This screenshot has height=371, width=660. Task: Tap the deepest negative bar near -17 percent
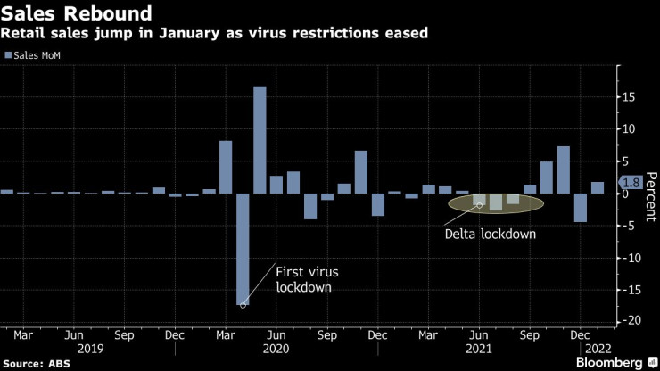coord(243,249)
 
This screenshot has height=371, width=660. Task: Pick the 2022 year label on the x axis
coord(596,350)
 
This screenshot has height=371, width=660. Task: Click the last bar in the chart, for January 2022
coord(598,187)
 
